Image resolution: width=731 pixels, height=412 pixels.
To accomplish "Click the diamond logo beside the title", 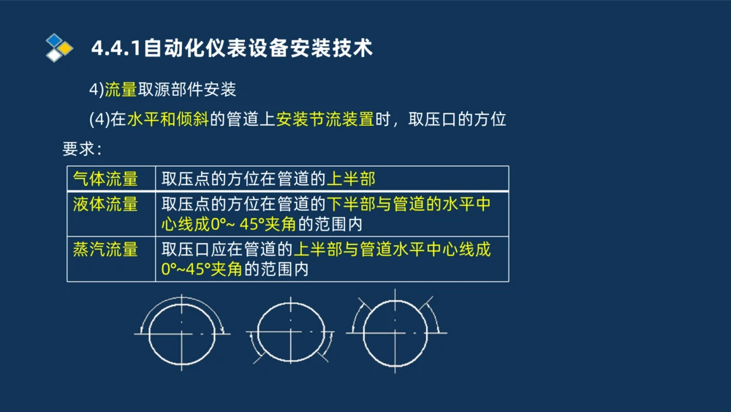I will [x=59, y=48].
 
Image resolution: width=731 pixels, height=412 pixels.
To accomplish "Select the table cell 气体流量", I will [x=105, y=179].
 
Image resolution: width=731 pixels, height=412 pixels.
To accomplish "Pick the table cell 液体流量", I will [x=105, y=204].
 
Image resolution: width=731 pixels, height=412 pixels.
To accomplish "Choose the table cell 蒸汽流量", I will [x=105, y=250].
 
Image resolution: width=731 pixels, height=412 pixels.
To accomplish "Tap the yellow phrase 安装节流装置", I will [x=325, y=119].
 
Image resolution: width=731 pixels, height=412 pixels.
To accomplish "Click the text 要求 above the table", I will [x=79, y=149].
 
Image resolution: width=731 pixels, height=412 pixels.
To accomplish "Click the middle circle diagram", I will [x=291, y=332].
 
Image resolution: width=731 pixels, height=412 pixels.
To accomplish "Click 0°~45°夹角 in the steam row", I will [x=201, y=269].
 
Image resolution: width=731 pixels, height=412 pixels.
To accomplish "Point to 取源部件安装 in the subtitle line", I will [x=186, y=90].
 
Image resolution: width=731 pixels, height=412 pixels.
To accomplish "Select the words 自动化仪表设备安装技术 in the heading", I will [x=258, y=48].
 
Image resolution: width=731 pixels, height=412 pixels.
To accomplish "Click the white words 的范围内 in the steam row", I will [x=275, y=269].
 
